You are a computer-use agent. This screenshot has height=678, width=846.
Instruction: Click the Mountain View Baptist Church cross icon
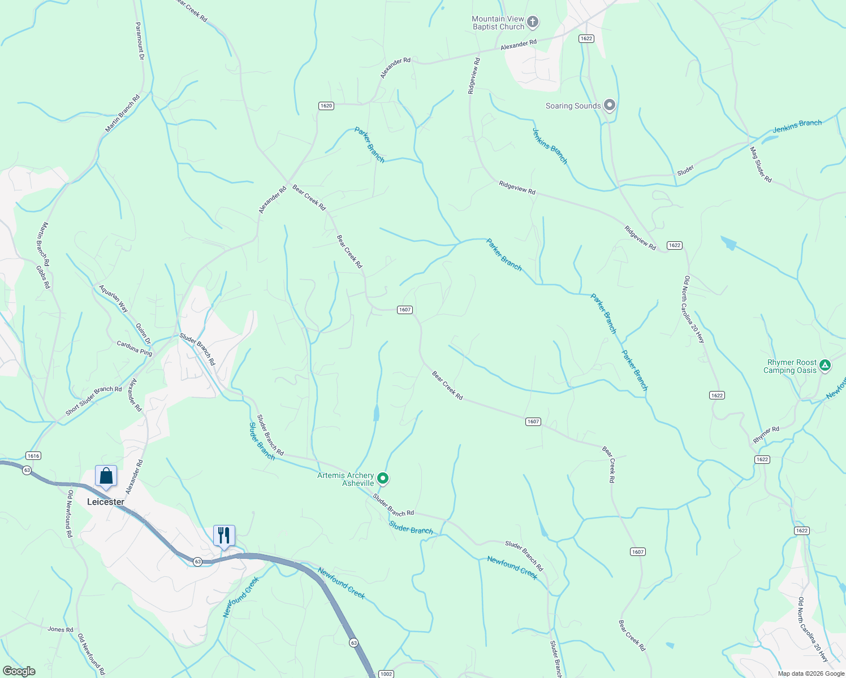(532, 23)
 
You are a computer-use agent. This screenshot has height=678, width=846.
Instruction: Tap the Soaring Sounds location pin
(609, 105)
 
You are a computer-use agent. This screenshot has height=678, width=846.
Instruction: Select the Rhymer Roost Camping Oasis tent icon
(825, 366)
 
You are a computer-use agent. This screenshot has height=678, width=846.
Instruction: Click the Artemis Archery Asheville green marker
(383, 479)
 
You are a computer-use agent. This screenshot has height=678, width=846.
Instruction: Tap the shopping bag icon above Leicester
(106, 476)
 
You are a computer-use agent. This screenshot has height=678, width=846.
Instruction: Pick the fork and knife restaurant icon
(224, 535)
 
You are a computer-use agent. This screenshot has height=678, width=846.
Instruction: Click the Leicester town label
(106, 502)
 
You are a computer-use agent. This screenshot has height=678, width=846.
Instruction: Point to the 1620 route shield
(326, 106)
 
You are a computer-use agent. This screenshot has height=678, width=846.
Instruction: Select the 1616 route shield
(33, 456)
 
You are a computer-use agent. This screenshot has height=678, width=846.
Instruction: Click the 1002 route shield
(386, 674)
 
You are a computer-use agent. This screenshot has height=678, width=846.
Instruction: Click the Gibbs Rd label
(43, 277)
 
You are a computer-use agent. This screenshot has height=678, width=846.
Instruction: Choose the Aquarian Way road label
(114, 299)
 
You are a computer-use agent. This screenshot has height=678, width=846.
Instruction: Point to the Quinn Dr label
(144, 333)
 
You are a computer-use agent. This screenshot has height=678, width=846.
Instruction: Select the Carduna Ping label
(135, 348)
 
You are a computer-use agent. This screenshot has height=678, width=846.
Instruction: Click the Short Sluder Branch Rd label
(94, 401)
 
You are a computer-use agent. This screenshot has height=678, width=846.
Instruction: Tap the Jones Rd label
(61, 629)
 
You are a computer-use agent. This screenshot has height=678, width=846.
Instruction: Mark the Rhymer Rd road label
(766, 434)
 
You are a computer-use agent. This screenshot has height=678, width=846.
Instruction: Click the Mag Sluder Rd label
(761, 164)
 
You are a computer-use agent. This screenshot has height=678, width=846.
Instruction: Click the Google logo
(19, 671)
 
